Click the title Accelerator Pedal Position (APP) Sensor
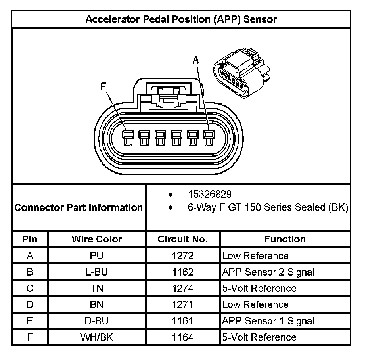point(181,19)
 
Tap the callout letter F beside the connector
point(103,87)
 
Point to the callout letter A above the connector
point(195,60)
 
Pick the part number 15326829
point(209,194)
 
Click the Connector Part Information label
point(79,207)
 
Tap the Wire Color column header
point(97,239)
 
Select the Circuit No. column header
point(182,239)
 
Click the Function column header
point(285,239)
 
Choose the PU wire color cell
point(97,256)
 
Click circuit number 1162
point(182,272)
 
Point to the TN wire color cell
point(97,288)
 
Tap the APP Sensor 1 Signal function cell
point(268,321)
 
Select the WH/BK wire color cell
point(97,337)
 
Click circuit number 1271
point(182,304)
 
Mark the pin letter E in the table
point(30,321)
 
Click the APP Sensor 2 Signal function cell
point(268,272)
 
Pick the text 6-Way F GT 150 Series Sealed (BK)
point(268,207)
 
